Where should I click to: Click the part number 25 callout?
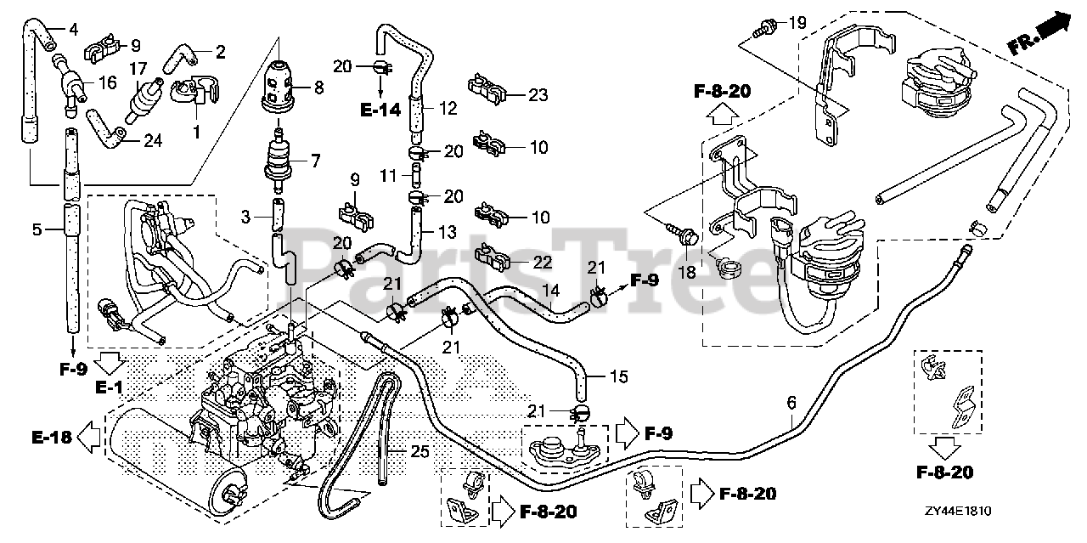point(421,452)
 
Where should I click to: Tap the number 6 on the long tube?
point(791,404)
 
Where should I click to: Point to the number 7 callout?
point(316,159)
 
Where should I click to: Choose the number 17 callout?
point(138,68)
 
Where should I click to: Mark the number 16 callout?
point(108,82)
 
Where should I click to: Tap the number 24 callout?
point(152,141)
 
